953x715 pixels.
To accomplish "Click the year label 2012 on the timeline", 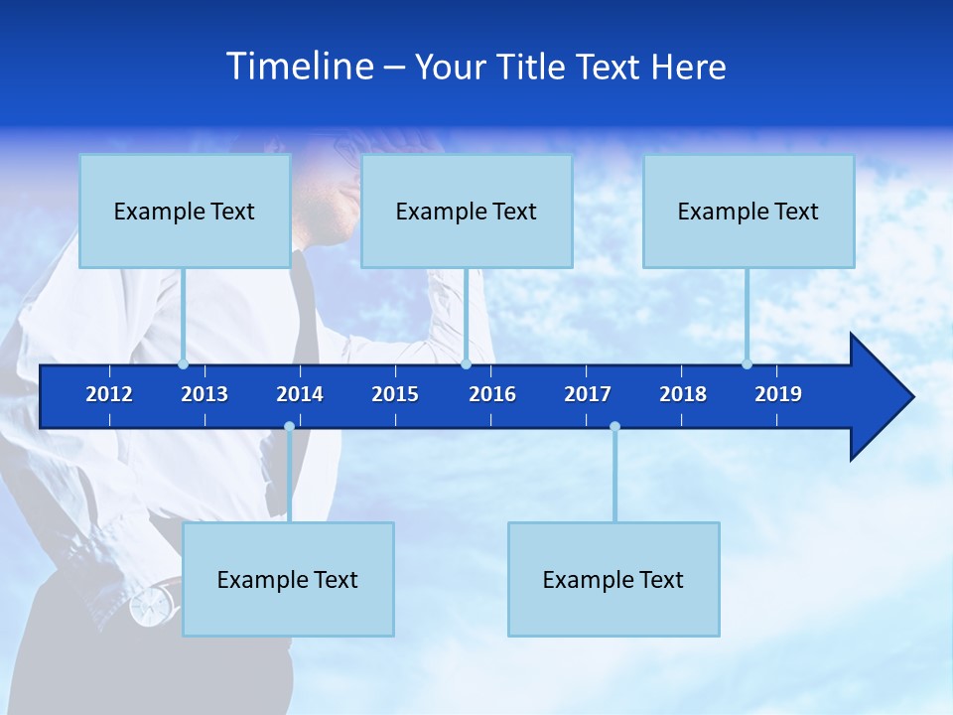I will click(x=109, y=394).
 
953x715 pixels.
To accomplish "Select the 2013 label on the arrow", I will click(x=204, y=394).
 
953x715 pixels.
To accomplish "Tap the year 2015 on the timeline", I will click(x=395, y=394).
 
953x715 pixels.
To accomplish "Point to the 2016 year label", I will click(x=492, y=394).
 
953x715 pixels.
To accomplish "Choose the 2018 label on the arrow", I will click(x=683, y=394).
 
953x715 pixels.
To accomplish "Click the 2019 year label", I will click(x=778, y=394).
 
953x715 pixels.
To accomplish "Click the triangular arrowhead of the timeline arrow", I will click(x=879, y=397).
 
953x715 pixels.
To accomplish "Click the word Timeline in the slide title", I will click(x=301, y=67).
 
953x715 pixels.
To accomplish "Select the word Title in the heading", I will click(x=536, y=68).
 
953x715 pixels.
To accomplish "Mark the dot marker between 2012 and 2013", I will click(x=183, y=364).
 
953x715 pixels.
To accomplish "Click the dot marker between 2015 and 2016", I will click(x=466, y=364).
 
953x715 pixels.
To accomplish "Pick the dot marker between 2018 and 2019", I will click(x=747, y=364).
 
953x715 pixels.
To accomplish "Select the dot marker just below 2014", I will click(x=289, y=427).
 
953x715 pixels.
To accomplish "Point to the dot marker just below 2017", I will click(x=614, y=427).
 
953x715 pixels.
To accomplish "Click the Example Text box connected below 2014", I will click(x=288, y=579).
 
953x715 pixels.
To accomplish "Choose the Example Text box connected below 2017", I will click(x=613, y=579).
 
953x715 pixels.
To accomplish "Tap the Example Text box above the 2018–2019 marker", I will click(x=749, y=212).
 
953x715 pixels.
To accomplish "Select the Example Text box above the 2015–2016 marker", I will click(x=467, y=212).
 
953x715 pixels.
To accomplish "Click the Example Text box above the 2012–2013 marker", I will click(x=185, y=212).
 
